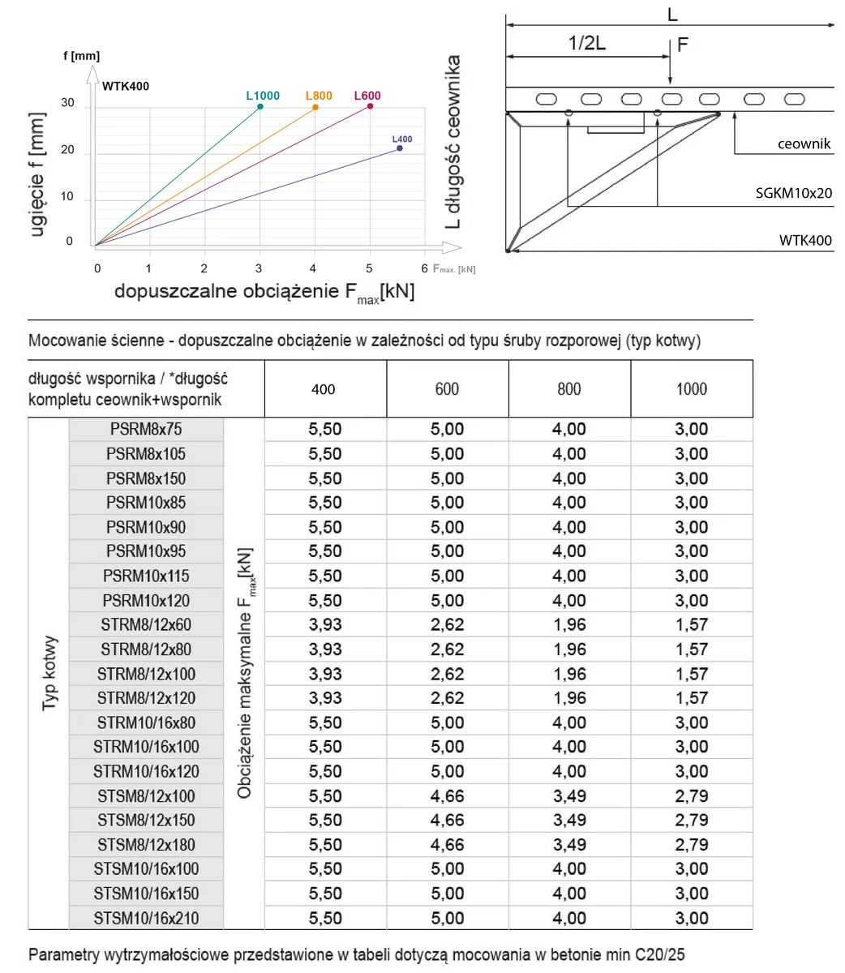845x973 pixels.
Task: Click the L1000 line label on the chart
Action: [263, 96]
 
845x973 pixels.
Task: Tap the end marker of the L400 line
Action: [400, 148]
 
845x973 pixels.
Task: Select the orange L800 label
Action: [319, 96]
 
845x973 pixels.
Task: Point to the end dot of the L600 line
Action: [370, 106]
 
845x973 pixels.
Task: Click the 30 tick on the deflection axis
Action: [67, 104]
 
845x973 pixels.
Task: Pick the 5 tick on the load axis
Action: [370, 268]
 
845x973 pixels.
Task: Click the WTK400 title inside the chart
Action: [126, 86]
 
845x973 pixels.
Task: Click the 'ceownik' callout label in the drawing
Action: [804, 144]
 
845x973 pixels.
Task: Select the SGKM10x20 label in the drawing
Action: [793, 194]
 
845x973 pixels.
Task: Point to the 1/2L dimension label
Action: [586, 44]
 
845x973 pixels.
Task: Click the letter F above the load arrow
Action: [682, 45]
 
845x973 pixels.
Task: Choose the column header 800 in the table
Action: [569, 389]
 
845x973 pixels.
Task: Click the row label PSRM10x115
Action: [146, 577]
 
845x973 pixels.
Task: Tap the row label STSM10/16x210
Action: [146, 919]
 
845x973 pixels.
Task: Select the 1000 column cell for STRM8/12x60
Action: [691, 625]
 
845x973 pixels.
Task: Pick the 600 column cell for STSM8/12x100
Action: [447, 796]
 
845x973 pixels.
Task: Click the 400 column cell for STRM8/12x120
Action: [324, 698]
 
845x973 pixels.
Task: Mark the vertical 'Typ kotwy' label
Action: [49, 673]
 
